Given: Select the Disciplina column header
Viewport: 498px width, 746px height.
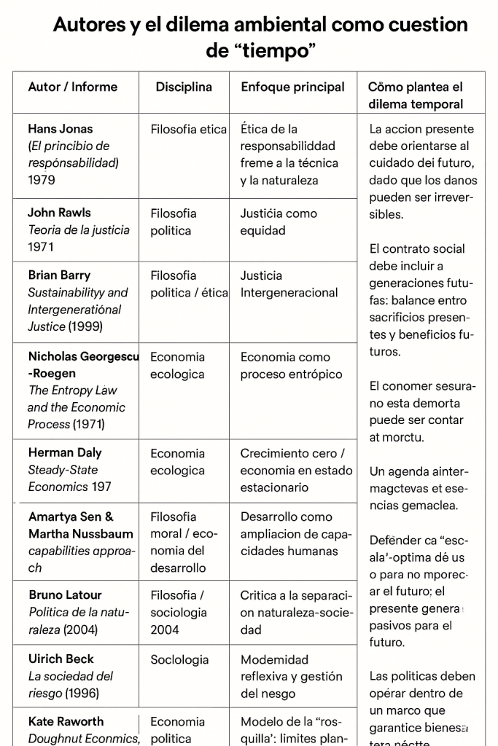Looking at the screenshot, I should pos(184,87).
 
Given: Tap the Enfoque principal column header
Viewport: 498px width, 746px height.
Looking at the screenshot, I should pos(292,87).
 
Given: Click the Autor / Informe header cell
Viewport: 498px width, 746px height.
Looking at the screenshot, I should pos(72,87).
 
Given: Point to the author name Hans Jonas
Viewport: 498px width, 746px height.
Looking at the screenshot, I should pos(61,129).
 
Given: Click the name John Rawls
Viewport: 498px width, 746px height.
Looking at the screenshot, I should pos(59,213).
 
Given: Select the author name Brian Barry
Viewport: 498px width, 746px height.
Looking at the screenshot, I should pos(59,275).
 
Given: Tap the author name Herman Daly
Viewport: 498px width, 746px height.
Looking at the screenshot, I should pos(65,452).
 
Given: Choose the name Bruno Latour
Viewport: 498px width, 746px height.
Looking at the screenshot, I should pos(65,595).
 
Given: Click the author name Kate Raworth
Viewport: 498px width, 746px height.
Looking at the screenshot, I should pos(66,721).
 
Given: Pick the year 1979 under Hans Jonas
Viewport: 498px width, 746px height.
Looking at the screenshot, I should pos(42,179).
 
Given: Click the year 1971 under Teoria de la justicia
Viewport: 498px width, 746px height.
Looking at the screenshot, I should pos(42,247).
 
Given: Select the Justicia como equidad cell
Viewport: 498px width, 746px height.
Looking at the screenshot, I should pos(279,221).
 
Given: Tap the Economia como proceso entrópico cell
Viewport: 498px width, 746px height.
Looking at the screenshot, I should pos(291,366).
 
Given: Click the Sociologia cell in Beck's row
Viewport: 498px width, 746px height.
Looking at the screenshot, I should pos(179,660).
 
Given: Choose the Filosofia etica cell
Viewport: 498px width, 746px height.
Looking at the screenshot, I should pos(189,130).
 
